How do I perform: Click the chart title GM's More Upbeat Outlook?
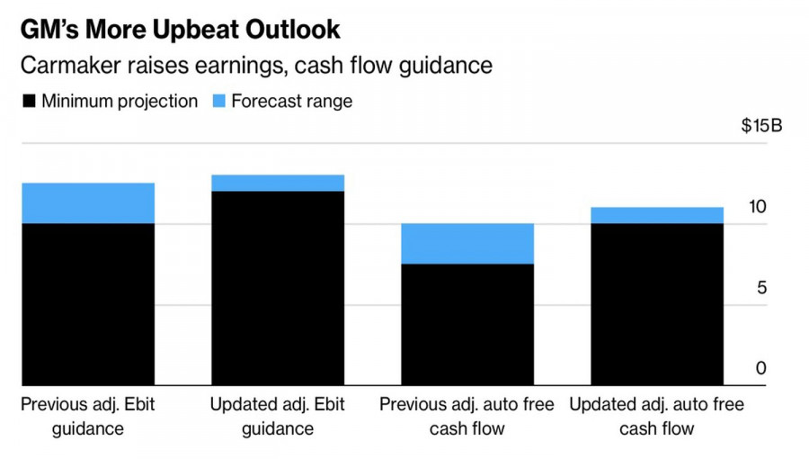pyautogui.click(x=181, y=29)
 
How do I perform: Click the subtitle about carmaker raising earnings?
pyautogui.click(x=256, y=66)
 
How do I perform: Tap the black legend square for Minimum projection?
pyautogui.click(x=30, y=101)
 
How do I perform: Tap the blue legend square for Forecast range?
pyautogui.click(x=220, y=101)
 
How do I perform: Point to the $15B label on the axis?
pyautogui.click(x=761, y=125)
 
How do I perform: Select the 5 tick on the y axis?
pyautogui.click(x=760, y=288)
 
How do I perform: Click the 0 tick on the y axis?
pyautogui.click(x=760, y=368)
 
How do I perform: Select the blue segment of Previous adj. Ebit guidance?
pyautogui.click(x=88, y=202)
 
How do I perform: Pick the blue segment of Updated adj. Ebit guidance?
pyautogui.click(x=278, y=183)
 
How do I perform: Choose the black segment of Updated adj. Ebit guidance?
pyautogui.click(x=278, y=288)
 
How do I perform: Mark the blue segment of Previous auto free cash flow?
pyautogui.click(x=467, y=243)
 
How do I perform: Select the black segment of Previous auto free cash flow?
pyautogui.click(x=467, y=324)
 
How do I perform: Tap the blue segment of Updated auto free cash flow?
pyautogui.click(x=657, y=215)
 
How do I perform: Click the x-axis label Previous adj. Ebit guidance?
pyautogui.click(x=88, y=416)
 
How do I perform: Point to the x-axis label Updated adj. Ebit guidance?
pyautogui.click(x=278, y=416)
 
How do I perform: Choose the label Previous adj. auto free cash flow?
pyautogui.click(x=467, y=416)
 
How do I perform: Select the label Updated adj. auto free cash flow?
pyautogui.click(x=657, y=416)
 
